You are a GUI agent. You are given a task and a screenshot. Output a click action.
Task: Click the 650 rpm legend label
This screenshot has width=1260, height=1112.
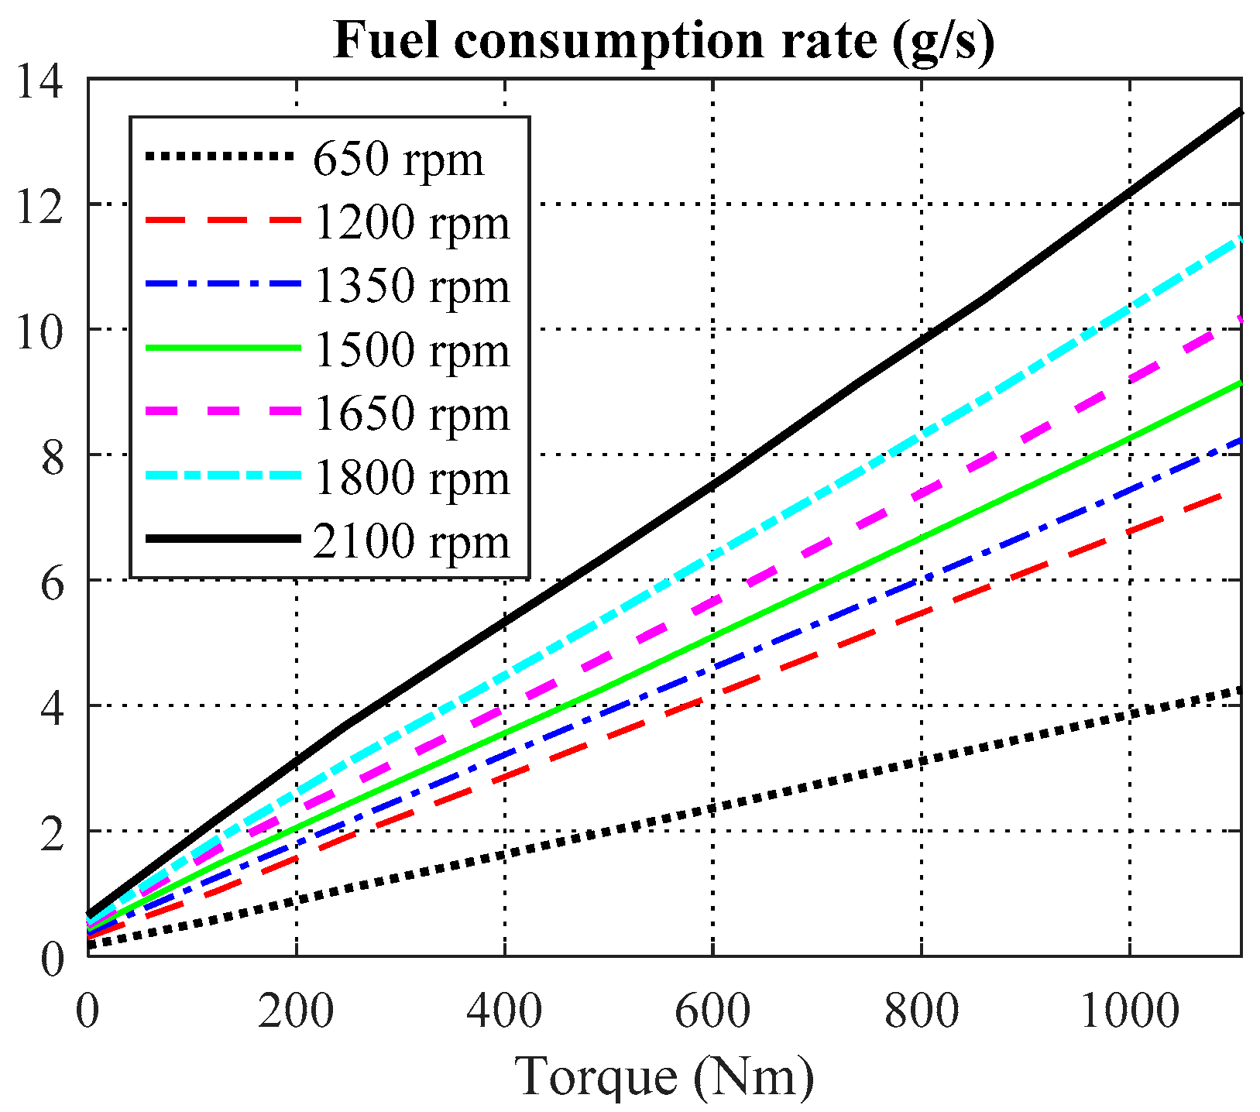(x=398, y=160)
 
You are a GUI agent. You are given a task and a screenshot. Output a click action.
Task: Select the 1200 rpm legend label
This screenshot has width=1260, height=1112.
(x=412, y=224)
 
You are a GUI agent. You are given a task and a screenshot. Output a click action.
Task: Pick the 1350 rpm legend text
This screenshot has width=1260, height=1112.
(x=412, y=287)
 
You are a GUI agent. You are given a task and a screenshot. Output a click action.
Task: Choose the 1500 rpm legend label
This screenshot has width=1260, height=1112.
(x=412, y=351)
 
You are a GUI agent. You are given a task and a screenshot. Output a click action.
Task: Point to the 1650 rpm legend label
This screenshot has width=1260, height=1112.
(x=412, y=414)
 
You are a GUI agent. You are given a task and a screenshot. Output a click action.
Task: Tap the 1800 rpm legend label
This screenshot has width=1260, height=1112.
(x=412, y=478)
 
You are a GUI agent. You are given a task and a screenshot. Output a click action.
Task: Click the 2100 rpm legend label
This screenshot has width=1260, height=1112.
(x=412, y=541)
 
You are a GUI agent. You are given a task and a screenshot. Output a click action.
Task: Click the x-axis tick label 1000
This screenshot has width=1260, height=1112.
(x=1129, y=1011)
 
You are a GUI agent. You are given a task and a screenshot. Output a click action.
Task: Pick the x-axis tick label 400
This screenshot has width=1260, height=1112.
(x=504, y=1011)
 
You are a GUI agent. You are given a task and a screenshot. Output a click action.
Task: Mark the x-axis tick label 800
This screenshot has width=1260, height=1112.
(x=921, y=1011)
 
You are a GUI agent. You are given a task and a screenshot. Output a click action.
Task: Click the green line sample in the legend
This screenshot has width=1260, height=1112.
(x=222, y=348)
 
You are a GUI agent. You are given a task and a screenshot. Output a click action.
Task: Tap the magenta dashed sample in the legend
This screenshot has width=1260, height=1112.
(x=222, y=412)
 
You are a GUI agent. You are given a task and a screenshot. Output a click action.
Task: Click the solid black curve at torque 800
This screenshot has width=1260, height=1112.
(x=921, y=340)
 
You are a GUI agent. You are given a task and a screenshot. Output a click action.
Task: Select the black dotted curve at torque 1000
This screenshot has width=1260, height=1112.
(x=1129, y=715)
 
